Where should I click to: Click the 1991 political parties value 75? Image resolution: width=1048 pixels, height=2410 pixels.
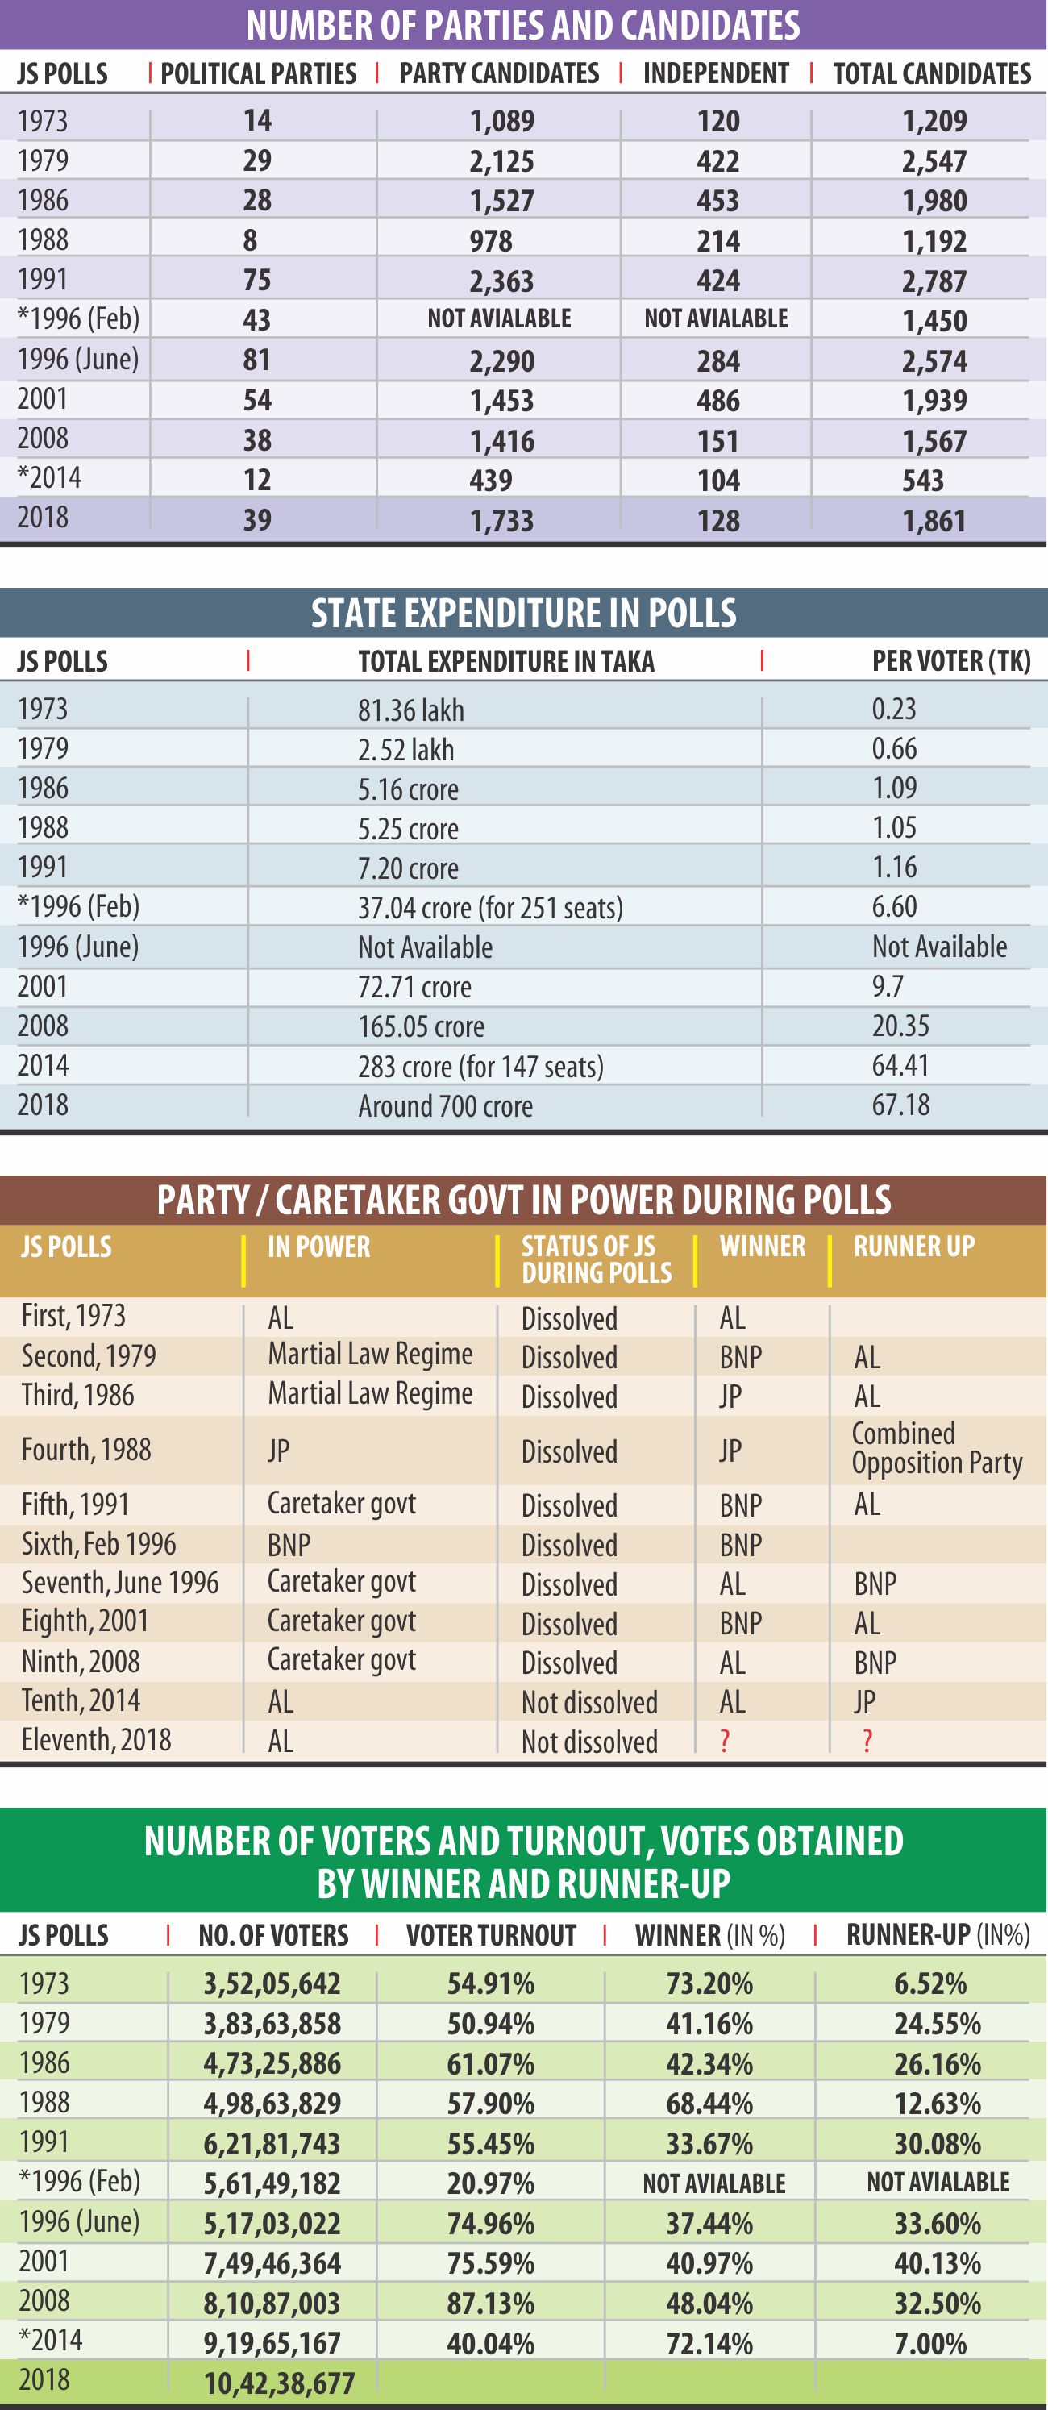[x=256, y=280]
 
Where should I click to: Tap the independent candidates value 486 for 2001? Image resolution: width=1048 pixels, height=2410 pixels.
[x=717, y=401]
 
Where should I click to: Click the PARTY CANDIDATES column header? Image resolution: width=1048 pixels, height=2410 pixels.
[x=499, y=74]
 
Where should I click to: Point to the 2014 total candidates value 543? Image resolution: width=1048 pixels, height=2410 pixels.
[x=922, y=480]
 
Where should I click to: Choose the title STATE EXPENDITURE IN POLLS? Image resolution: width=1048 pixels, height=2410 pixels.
[x=523, y=613]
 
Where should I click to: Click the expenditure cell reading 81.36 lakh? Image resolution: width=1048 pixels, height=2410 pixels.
[x=411, y=710]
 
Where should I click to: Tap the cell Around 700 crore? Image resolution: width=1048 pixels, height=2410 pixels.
[x=445, y=1106]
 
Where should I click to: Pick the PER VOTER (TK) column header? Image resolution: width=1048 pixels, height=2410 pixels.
[x=950, y=661]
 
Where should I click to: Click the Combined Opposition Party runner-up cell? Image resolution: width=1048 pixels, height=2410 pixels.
[x=936, y=1447]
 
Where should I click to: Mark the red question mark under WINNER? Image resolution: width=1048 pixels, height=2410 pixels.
[x=724, y=1741]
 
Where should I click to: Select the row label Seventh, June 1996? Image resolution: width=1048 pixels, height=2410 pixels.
[x=120, y=1583]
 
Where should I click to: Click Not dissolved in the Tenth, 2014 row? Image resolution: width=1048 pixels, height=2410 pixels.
[x=589, y=1702]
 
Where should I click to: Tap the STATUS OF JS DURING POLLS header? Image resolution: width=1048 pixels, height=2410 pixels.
[x=596, y=1259]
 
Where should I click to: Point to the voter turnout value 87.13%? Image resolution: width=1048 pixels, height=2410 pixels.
[x=490, y=2303]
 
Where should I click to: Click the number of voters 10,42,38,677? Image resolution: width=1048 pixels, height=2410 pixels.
[x=279, y=2383]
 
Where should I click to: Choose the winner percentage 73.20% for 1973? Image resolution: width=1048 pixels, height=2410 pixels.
[x=709, y=1983]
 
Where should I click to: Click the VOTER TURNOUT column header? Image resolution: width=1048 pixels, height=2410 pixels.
[x=490, y=1935]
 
